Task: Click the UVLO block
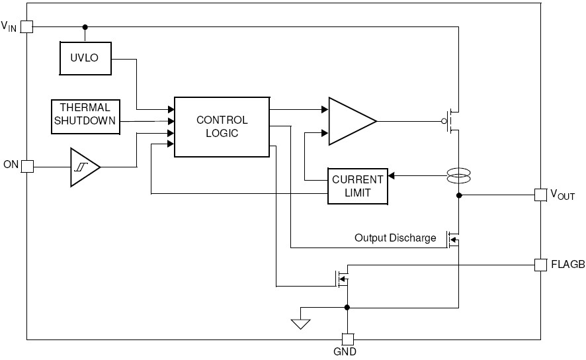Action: pyautogui.click(x=85, y=58)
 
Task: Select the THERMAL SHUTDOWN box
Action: pyautogui.click(x=85, y=116)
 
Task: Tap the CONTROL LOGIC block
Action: pyautogui.click(x=222, y=127)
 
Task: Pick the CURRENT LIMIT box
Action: pyautogui.click(x=358, y=186)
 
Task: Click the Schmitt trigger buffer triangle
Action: pyautogui.click(x=85, y=167)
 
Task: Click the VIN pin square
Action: pyautogui.click(x=26, y=27)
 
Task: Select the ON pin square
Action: pyautogui.click(x=27, y=166)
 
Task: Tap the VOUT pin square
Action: pyautogui.click(x=540, y=195)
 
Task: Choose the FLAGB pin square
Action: pyautogui.click(x=540, y=265)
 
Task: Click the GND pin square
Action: pyautogui.click(x=347, y=339)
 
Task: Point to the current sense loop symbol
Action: pyautogui.click(x=458, y=176)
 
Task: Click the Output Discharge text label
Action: pyautogui.click(x=395, y=238)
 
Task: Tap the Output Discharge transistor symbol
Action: pyautogui.click(x=453, y=240)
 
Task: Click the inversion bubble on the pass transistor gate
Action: pyautogui.click(x=444, y=121)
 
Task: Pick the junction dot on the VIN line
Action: pyautogui.click(x=85, y=27)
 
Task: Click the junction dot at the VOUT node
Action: pyautogui.click(x=459, y=195)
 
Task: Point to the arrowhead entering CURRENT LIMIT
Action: pyautogui.click(x=391, y=176)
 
